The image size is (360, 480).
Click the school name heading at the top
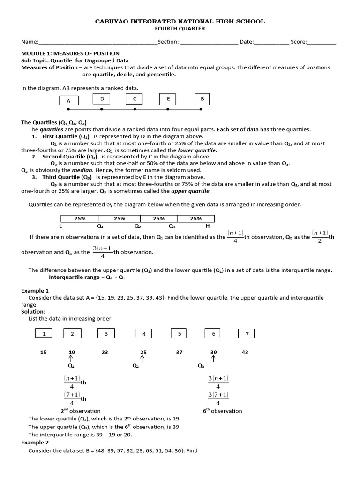pos(180,21)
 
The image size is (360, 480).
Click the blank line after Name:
pos(98,43)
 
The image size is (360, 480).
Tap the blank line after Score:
pos(322,43)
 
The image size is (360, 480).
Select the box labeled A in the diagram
pos(68,101)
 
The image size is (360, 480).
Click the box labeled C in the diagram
pos(135,98)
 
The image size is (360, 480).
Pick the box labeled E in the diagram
pos(168,98)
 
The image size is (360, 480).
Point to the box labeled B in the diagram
pos(202,98)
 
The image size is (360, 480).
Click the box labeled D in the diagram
pos(102,98)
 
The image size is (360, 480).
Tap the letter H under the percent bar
pos(208,226)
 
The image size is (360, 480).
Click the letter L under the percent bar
pos(60,226)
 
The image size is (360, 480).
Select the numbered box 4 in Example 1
pos(144,334)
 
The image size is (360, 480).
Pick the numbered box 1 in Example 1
pos(44,334)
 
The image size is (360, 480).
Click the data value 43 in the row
pos(245,352)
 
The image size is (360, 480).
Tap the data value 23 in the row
pos(105,352)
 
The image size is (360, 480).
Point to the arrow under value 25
pos(142,359)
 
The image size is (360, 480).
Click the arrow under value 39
pos(213,359)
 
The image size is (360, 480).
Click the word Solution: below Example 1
pos(33,311)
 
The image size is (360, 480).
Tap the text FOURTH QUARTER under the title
pos(180,29)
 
